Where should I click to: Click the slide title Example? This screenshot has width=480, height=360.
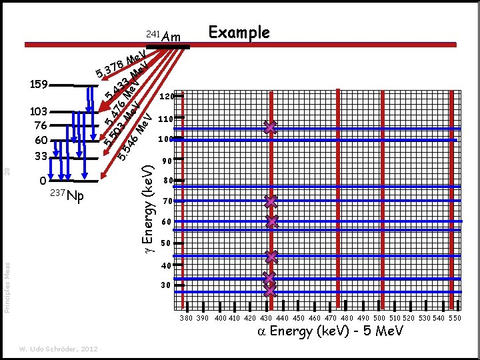pos(239,33)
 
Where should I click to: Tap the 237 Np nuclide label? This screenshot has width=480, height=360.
pos(67,195)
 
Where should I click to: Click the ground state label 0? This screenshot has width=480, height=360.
pos(43,181)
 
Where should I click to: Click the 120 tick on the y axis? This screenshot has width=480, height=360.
pos(167,97)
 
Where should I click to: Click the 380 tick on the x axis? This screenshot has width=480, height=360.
pos(187,319)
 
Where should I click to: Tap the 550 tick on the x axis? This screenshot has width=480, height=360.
pos(455,319)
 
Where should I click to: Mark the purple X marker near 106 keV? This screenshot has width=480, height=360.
pos(269,127)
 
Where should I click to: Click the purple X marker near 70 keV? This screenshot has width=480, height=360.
pos(269,201)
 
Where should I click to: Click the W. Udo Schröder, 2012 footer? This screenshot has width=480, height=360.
pos(58,348)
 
